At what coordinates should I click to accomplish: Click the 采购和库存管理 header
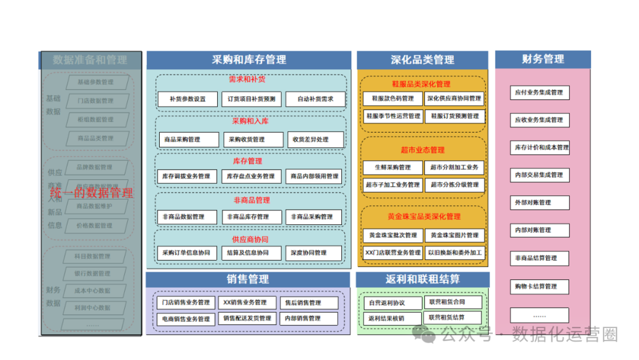click(x=248, y=60)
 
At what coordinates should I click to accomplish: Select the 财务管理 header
click(x=543, y=59)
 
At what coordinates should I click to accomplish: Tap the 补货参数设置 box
click(x=188, y=99)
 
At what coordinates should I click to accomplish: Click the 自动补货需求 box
click(x=315, y=99)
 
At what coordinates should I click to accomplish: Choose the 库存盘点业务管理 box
click(x=251, y=176)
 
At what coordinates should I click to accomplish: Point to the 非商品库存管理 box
click(x=251, y=217)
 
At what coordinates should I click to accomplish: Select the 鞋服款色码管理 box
click(x=393, y=99)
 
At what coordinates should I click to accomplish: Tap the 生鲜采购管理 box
click(x=393, y=168)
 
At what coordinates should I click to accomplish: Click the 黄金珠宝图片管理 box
click(x=455, y=236)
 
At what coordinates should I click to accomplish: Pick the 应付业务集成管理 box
click(x=539, y=92)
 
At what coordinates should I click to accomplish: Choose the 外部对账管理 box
click(x=539, y=202)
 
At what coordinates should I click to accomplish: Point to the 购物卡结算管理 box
click(x=539, y=287)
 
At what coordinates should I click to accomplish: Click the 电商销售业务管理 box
click(x=186, y=319)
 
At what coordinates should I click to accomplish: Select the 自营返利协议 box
click(x=392, y=303)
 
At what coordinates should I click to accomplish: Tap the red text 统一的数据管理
click(x=92, y=193)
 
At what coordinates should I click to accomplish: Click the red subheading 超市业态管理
click(x=422, y=150)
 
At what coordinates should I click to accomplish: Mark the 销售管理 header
click(x=247, y=279)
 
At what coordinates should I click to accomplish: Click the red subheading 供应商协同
click(x=250, y=240)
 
